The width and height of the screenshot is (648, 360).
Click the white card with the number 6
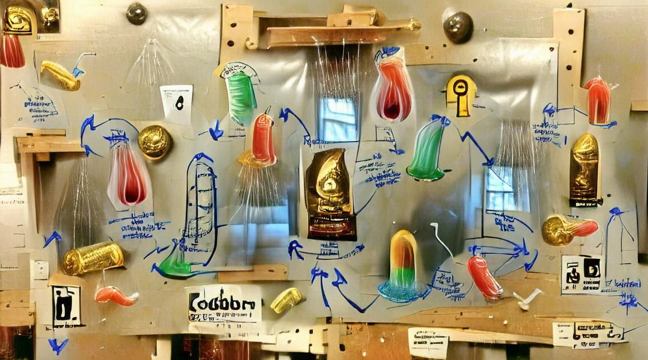click(177, 104)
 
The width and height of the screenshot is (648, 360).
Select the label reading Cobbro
click(223, 304)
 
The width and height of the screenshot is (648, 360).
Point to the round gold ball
click(155, 142)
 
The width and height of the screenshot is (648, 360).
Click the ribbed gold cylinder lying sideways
click(93, 258)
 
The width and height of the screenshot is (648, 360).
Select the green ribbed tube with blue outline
click(241, 96)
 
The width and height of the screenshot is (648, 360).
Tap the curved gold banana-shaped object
click(60, 75)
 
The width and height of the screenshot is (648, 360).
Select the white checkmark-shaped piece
click(527, 298)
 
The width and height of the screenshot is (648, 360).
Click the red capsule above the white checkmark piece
click(484, 276)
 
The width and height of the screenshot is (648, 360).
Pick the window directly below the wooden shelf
click(337, 119)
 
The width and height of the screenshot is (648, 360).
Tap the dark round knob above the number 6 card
click(137, 13)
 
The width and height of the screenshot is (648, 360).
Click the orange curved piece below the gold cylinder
click(115, 296)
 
